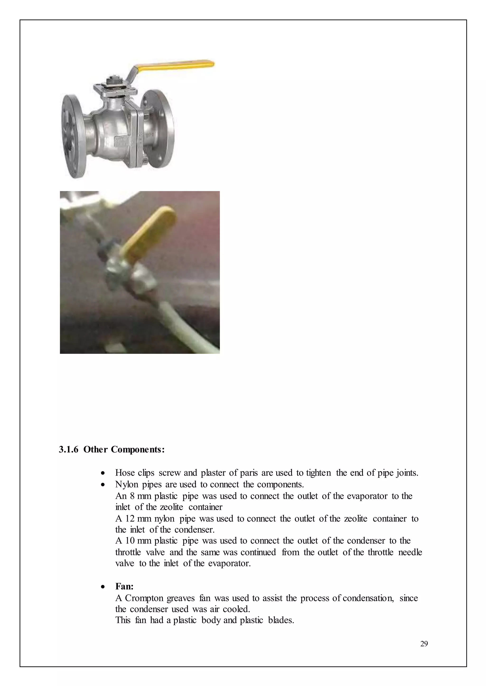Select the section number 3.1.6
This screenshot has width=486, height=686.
[69, 449]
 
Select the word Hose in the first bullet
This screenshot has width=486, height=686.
[125, 473]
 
